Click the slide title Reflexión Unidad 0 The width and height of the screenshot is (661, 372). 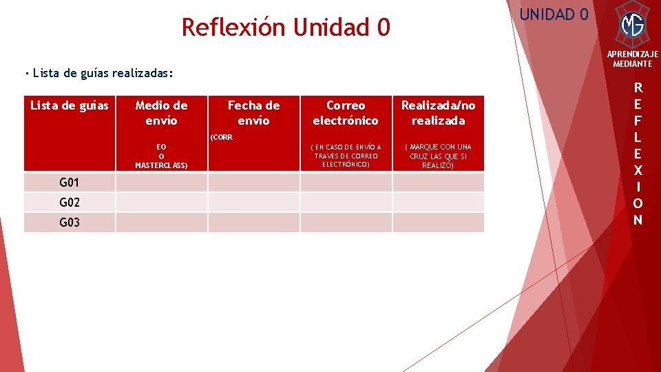(285, 28)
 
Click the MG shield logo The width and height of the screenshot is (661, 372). (632, 25)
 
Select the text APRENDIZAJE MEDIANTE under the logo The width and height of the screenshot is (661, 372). (632, 59)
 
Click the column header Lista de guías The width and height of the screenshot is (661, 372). (70, 105)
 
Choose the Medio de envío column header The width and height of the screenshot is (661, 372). (161, 113)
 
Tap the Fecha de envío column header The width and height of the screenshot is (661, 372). (253, 113)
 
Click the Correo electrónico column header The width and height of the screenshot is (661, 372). (346, 113)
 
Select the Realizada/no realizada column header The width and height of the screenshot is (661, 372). (438, 113)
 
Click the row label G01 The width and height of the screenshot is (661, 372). (70, 183)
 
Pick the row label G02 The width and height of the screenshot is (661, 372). (70, 203)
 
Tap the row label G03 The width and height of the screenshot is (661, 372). (70, 223)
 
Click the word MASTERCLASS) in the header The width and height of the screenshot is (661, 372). (161, 165)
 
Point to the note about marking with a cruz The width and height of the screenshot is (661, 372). (438, 156)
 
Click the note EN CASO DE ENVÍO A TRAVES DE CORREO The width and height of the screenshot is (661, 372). (346, 156)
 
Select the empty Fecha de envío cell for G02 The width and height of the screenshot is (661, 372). (253, 203)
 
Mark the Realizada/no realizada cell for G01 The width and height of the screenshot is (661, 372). (438, 183)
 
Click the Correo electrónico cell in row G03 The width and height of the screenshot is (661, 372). (346, 223)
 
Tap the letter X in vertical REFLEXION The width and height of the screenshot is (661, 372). (638, 170)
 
